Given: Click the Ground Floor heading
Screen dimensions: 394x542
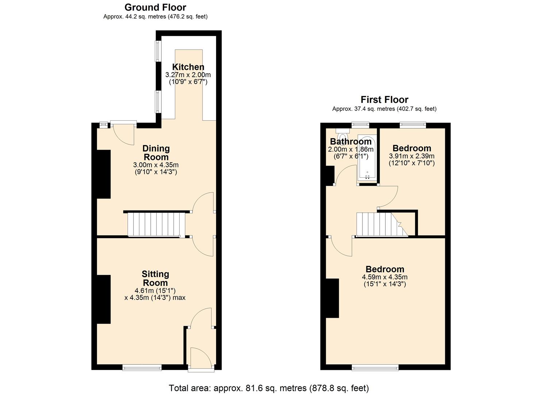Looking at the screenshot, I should click(x=155, y=7).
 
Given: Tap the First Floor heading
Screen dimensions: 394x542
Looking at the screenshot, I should click(x=384, y=100).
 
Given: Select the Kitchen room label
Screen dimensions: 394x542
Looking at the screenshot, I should click(x=188, y=67).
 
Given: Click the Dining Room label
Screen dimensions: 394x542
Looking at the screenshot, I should click(x=156, y=153).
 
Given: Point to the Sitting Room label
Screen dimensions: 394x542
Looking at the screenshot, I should click(x=155, y=278).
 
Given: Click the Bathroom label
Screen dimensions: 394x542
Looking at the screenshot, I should click(x=350, y=142).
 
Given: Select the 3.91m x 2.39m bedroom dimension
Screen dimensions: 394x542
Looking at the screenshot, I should click(x=411, y=156).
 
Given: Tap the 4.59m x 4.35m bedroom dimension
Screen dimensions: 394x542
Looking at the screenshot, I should click(x=385, y=277).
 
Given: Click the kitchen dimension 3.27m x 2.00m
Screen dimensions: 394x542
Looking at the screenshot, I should click(x=188, y=75).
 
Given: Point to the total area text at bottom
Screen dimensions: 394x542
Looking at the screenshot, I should click(x=269, y=388).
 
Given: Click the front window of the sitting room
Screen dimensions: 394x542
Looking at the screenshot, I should click(x=142, y=367).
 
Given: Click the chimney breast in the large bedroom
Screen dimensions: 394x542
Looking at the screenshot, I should click(x=332, y=298).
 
